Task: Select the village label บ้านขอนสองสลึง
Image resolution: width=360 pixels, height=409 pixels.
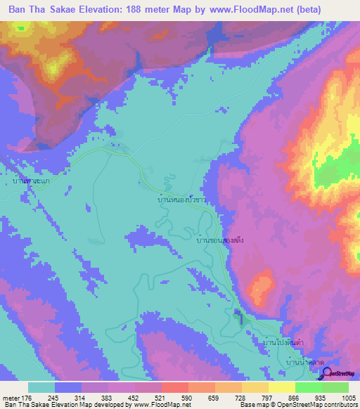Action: [x=220, y=240]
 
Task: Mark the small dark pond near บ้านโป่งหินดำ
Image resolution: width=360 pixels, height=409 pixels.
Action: [x=238, y=314]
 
